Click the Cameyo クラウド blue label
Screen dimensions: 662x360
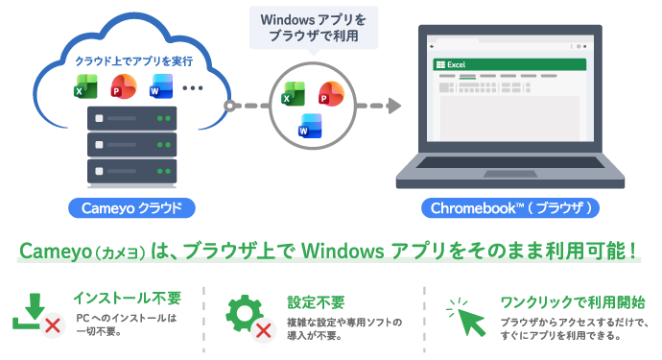click(x=131, y=208)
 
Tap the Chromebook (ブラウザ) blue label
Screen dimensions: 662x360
click(x=510, y=208)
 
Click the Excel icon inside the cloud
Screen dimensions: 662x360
click(x=85, y=86)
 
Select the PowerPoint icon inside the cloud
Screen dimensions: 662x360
click(x=123, y=86)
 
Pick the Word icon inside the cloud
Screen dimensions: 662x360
click(x=161, y=86)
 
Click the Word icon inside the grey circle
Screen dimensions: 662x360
click(x=310, y=126)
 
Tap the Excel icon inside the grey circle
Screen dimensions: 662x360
click(x=293, y=94)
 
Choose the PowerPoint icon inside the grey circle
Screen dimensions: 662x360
click(x=331, y=94)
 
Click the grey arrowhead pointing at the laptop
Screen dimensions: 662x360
click(x=394, y=106)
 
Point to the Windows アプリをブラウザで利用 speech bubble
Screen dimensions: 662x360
click(x=314, y=28)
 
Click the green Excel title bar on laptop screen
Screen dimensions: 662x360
click(x=509, y=64)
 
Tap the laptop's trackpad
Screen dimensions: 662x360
click(x=510, y=174)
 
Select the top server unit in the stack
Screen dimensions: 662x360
click(x=131, y=118)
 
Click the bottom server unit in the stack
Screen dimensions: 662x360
click(x=131, y=171)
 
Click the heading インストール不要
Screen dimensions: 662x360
click(x=128, y=299)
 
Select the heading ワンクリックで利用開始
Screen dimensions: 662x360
click(x=573, y=302)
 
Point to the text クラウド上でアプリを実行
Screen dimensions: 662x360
click(x=133, y=61)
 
